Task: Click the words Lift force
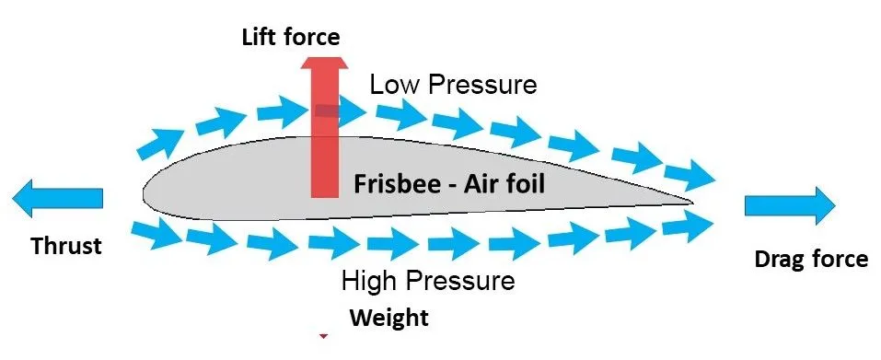pyautogui.click(x=290, y=38)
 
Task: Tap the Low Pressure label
pyautogui.click(x=453, y=86)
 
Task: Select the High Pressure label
pyautogui.click(x=428, y=280)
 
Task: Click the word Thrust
pyautogui.click(x=67, y=247)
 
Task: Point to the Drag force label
pyautogui.click(x=810, y=259)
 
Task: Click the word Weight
pyautogui.click(x=388, y=319)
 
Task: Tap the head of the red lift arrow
pyautogui.click(x=323, y=65)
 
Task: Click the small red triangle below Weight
pyautogui.click(x=323, y=338)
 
